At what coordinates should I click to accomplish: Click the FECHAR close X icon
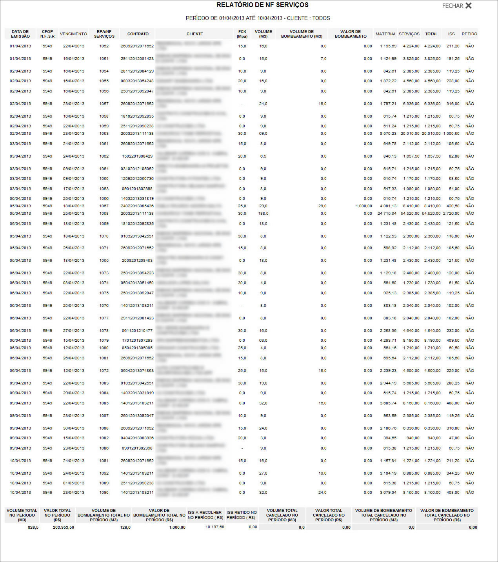[468, 6]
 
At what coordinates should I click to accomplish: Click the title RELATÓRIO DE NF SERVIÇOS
[262, 5]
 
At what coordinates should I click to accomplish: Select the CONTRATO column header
[138, 34]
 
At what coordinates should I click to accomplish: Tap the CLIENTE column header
[194, 34]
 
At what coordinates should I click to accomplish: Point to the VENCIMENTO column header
[73, 34]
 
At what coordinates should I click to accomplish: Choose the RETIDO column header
[469, 34]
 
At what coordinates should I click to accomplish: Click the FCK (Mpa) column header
[242, 34]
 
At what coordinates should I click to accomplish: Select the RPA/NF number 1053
[104, 134]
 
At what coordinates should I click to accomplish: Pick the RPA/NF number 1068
[104, 214]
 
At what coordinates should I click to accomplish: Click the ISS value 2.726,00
[451, 214]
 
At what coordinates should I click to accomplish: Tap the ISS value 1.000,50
[451, 134]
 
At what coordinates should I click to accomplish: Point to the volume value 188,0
[263, 214]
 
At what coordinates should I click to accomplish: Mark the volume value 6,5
[263, 156]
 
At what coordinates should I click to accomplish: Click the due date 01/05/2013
[74, 483]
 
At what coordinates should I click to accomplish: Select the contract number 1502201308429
[137, 156]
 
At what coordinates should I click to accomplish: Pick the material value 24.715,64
[387, 214]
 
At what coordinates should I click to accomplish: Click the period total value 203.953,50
[64, 528]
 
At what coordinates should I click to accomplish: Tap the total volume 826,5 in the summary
[33, 528]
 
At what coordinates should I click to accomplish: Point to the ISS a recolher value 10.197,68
[215, 527]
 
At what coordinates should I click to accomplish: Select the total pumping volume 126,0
[125, 528]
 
